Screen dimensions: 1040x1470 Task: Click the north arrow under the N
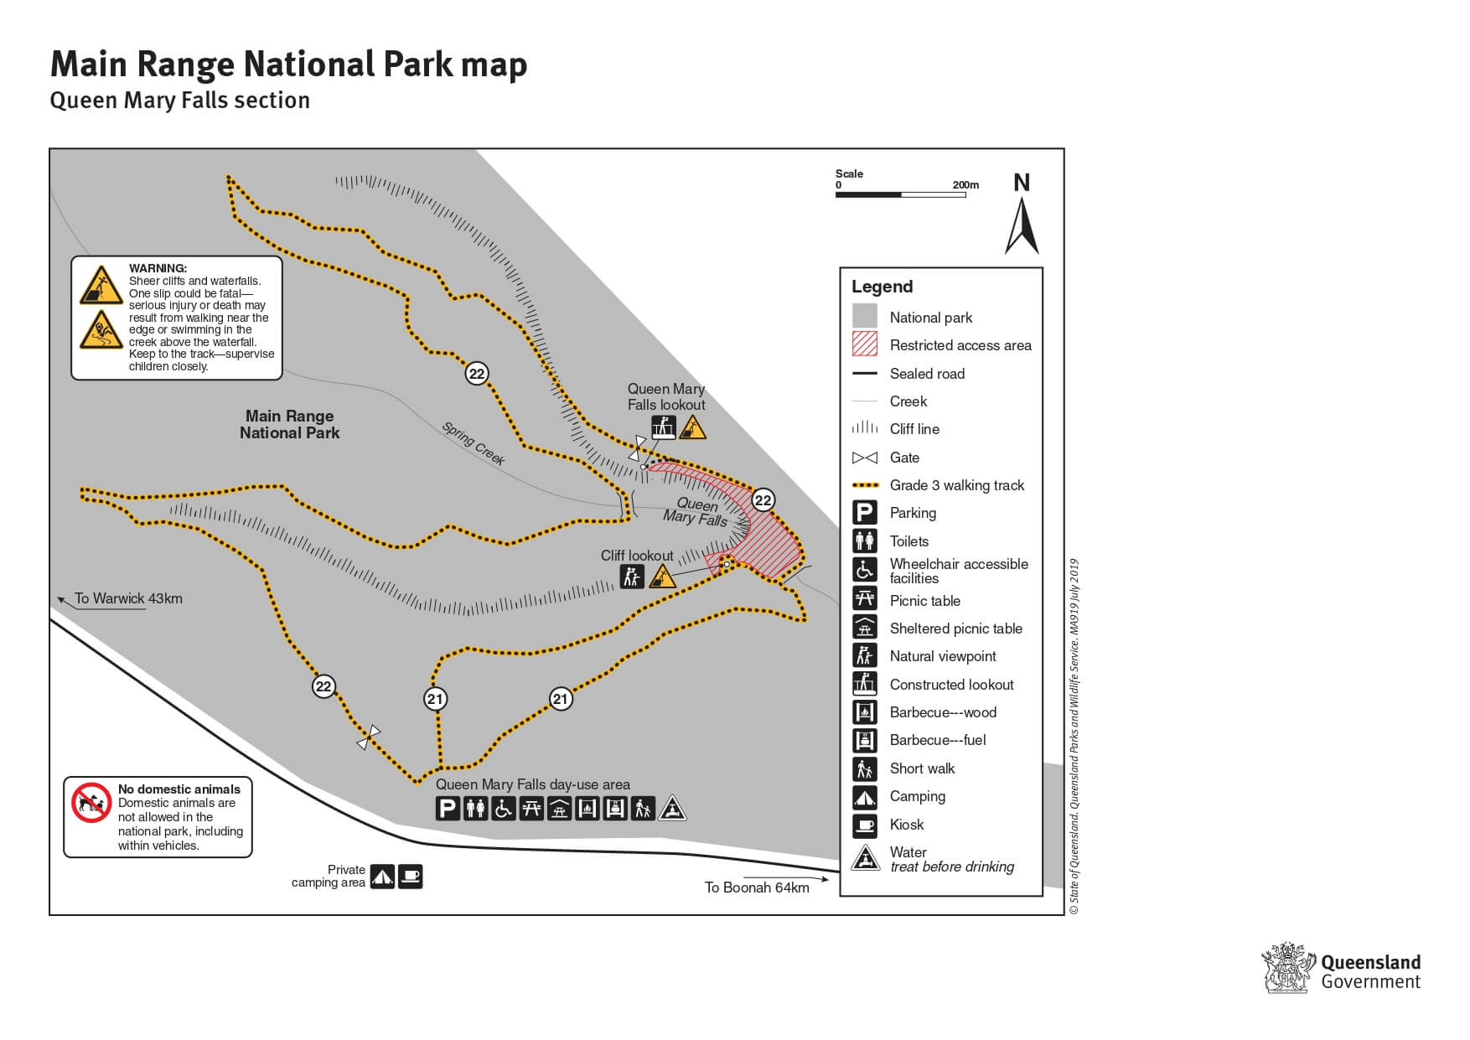point(1022,226)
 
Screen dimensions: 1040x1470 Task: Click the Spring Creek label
point(474,443)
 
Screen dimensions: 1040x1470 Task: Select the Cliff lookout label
point(637,556)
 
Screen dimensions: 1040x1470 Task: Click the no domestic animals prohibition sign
point(91,803)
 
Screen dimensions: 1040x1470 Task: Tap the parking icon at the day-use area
point(448,809)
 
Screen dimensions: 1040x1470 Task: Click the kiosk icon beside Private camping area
point(410,877)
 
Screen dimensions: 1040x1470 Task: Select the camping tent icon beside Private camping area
point(382,877)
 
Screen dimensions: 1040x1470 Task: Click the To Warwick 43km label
point(128,598)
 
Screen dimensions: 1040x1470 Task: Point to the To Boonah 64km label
point(757,887)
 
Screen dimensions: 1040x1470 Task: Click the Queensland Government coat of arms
point(1286,969)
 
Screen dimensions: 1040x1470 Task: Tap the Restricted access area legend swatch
point(865,344)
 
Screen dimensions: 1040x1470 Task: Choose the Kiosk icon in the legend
point(865,825)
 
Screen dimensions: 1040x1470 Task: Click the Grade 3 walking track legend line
point(865,485)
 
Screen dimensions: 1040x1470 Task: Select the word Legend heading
point(882,287)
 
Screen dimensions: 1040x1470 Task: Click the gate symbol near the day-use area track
point(368,737)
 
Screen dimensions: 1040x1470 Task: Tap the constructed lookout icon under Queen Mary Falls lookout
point(665,428)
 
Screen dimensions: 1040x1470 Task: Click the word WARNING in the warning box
point(158,268)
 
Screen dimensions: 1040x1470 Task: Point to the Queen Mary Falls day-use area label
point(532,784)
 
